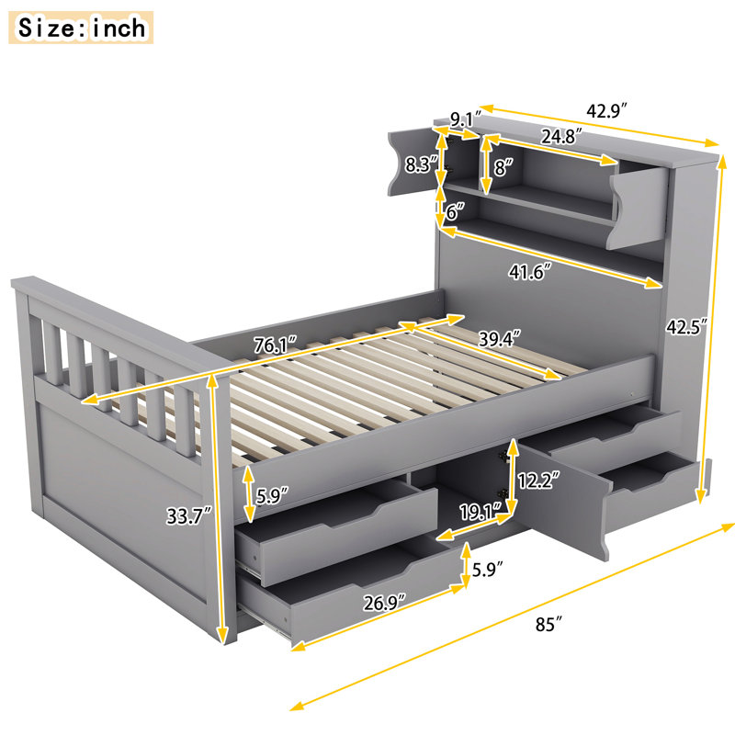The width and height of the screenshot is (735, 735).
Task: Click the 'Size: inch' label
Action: pyautogui.click(x=82, y=28)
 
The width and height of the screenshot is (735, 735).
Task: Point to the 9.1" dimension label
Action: pyautogui.click(x=467, y=119)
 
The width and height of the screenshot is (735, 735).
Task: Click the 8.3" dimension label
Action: pyautogui.click(x=421, y=166)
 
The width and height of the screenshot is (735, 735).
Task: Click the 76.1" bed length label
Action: pyautogui.click(x=277, y=346)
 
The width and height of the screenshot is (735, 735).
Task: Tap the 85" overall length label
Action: pyautogui.click(x=548, y=625)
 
